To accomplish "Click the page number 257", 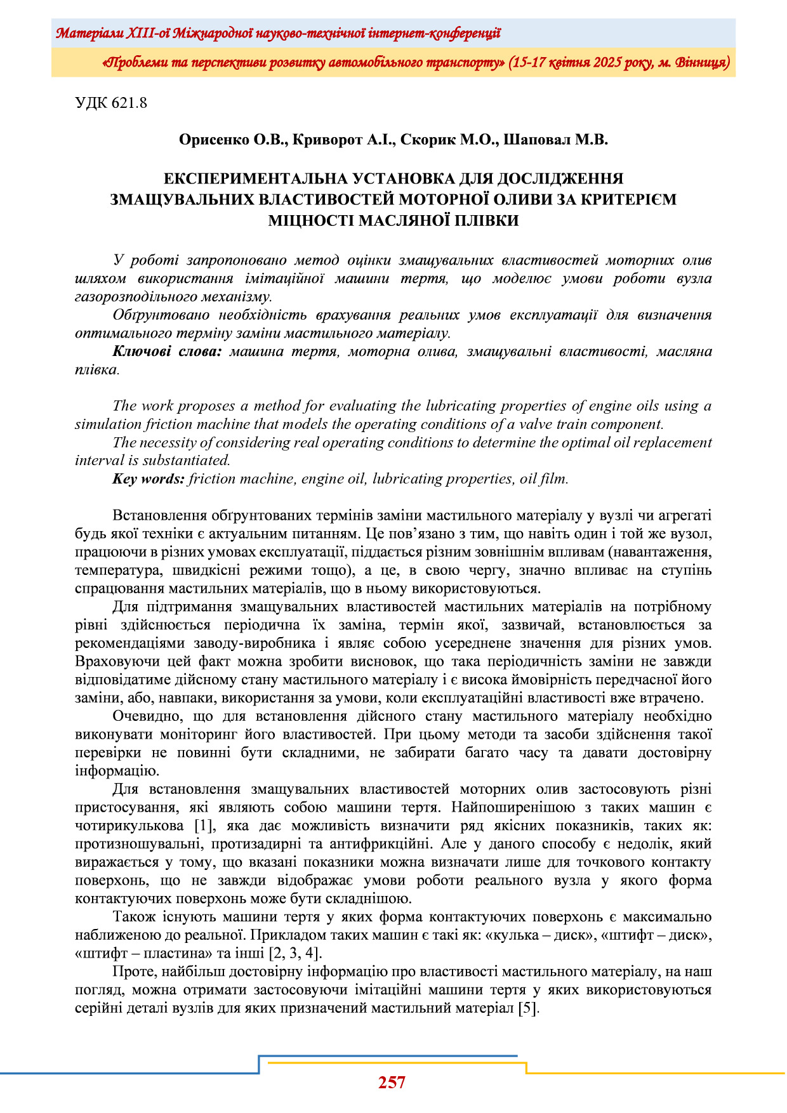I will (x=392, y=1083).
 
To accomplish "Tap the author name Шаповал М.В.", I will (x=555, y=140).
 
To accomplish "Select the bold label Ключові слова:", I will (x=167, y=352).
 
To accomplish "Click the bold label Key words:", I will (x=149, y=479).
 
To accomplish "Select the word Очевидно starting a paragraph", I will (x=144, y=716).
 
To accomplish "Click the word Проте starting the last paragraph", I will (x=133, y=971).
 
